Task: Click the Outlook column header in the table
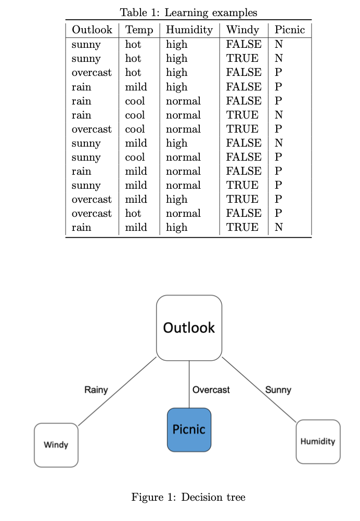pos(92,30)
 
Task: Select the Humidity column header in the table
pos(189,30)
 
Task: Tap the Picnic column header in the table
pos(290,30)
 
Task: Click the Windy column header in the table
pos(243,30)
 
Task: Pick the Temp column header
pos(139,30)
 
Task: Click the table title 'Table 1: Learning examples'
pos(188,12)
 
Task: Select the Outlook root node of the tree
pos(189,328)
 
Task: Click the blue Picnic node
pos(189,429)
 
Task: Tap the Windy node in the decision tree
pos(56,445)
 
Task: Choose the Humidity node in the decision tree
pos(318,441)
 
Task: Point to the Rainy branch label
pos(96,390)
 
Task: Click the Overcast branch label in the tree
pos(211,390)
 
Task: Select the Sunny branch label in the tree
pos(278,390)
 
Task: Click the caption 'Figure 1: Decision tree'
pos(188,498)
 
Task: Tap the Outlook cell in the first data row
pos(86,45)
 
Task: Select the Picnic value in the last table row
pos(278,228)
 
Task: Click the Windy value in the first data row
pos(243,45)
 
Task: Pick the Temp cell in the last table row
pos(136,228)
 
